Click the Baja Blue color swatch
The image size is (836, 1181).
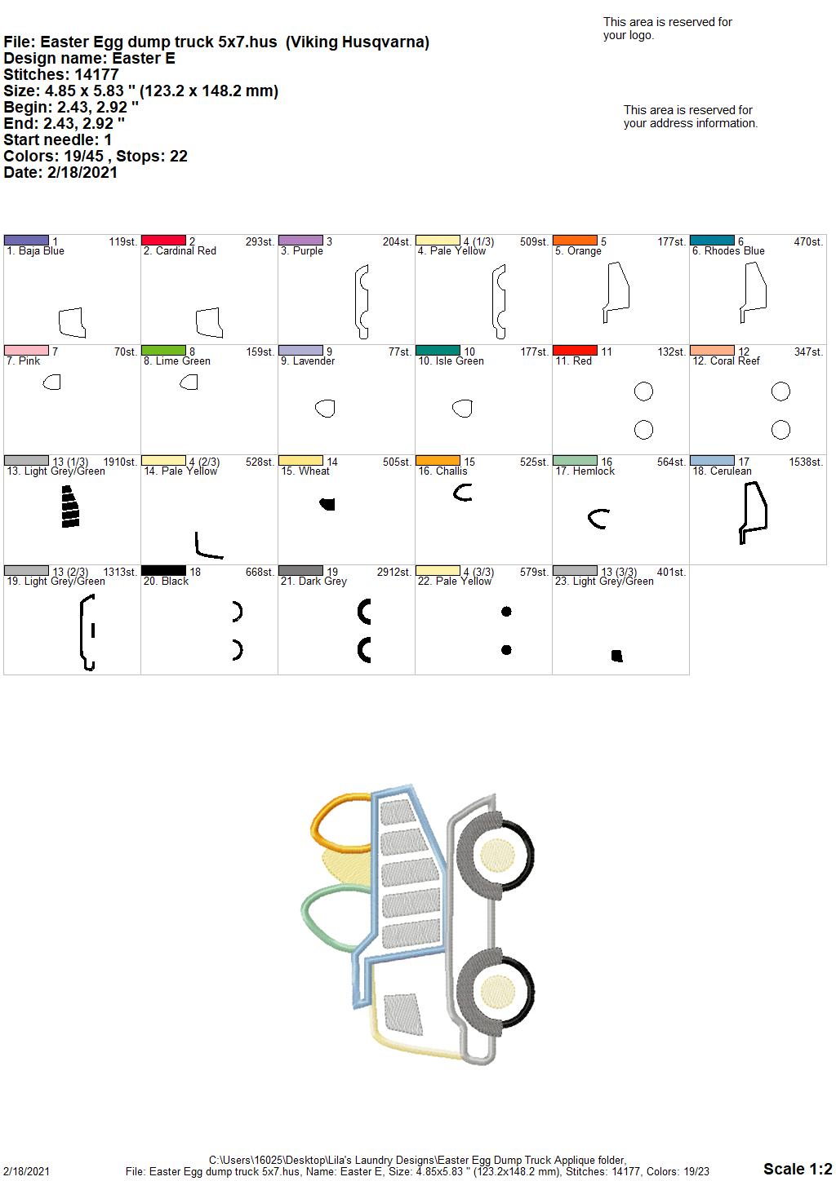[x=26, y=241]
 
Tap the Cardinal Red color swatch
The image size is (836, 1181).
[x=163, y=241]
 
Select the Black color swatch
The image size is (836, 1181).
[x=163, y=570]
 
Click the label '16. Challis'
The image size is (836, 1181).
[x=442, y=471]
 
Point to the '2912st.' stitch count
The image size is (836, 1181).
[x=394, y=572]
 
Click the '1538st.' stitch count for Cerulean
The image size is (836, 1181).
[x=806, y=462]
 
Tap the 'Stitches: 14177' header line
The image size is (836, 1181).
[x=60, y=74]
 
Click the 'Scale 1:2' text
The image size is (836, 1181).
[x=798, y=1169]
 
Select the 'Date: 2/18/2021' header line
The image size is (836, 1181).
[x=60, y=172]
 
